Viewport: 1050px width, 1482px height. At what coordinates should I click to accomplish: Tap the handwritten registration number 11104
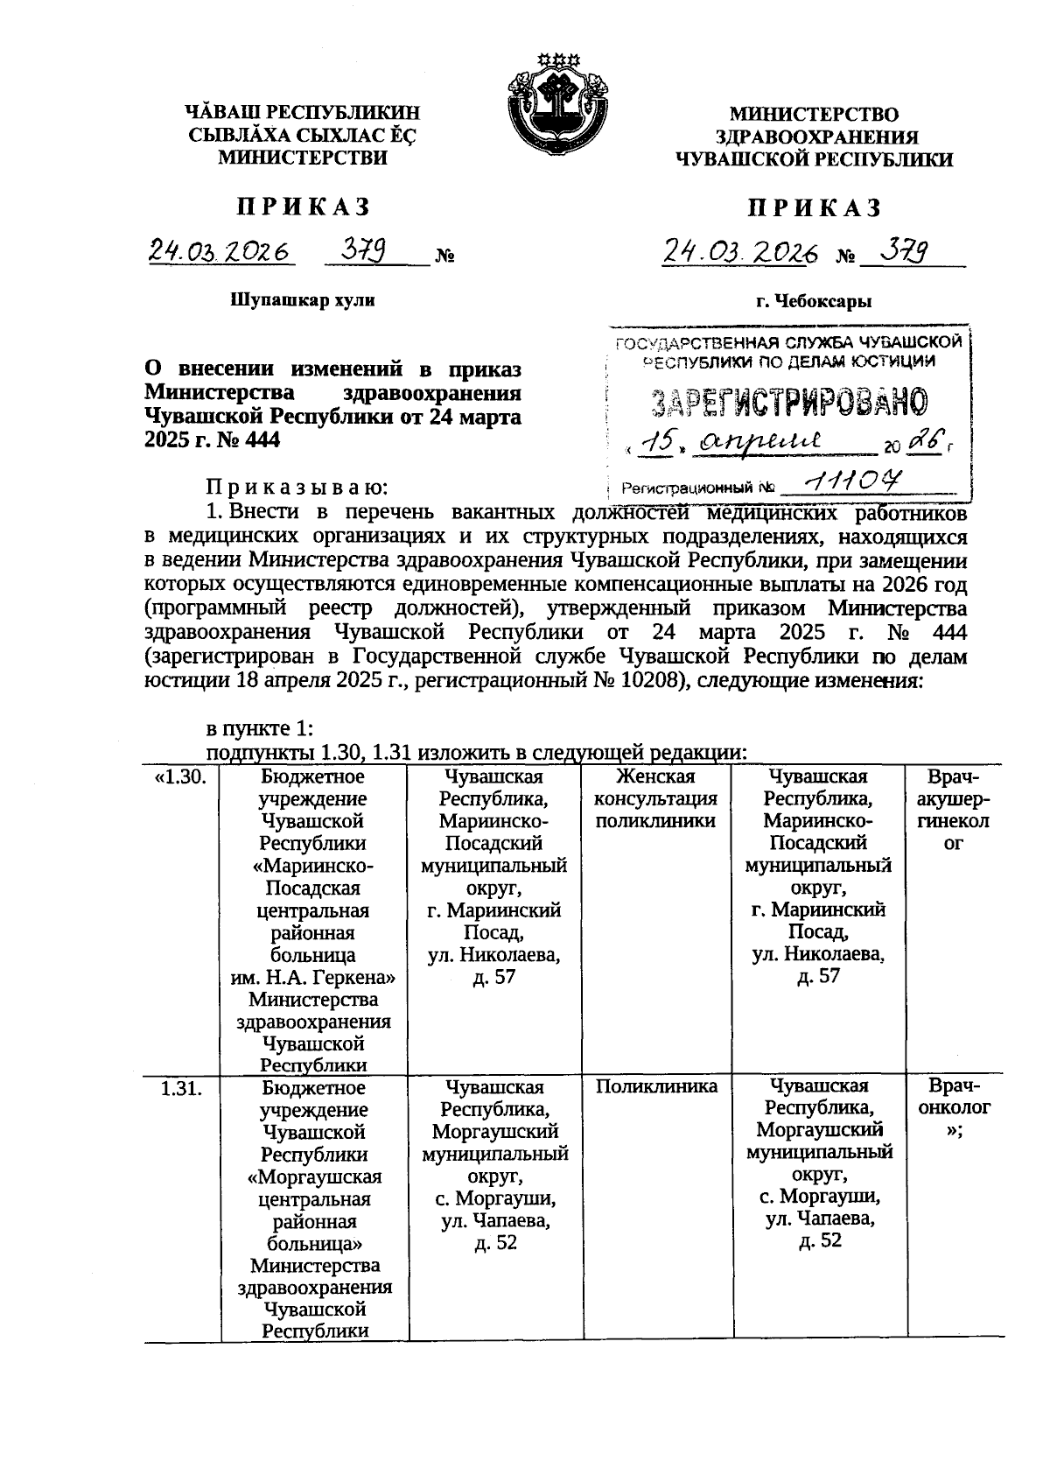click(854, 481)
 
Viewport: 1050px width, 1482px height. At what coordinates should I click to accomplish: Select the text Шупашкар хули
click(303, 300)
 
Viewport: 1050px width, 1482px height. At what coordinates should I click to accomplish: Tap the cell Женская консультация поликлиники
click(656, 798)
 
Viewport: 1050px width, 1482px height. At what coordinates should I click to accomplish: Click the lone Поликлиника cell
click(656, 1087)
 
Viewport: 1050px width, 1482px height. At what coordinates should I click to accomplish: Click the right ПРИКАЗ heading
click(814, 208)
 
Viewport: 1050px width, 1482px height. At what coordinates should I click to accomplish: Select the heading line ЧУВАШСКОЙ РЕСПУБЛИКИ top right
click(814, 159)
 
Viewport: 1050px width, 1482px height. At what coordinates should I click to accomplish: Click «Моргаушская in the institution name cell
click(314, 1176)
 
